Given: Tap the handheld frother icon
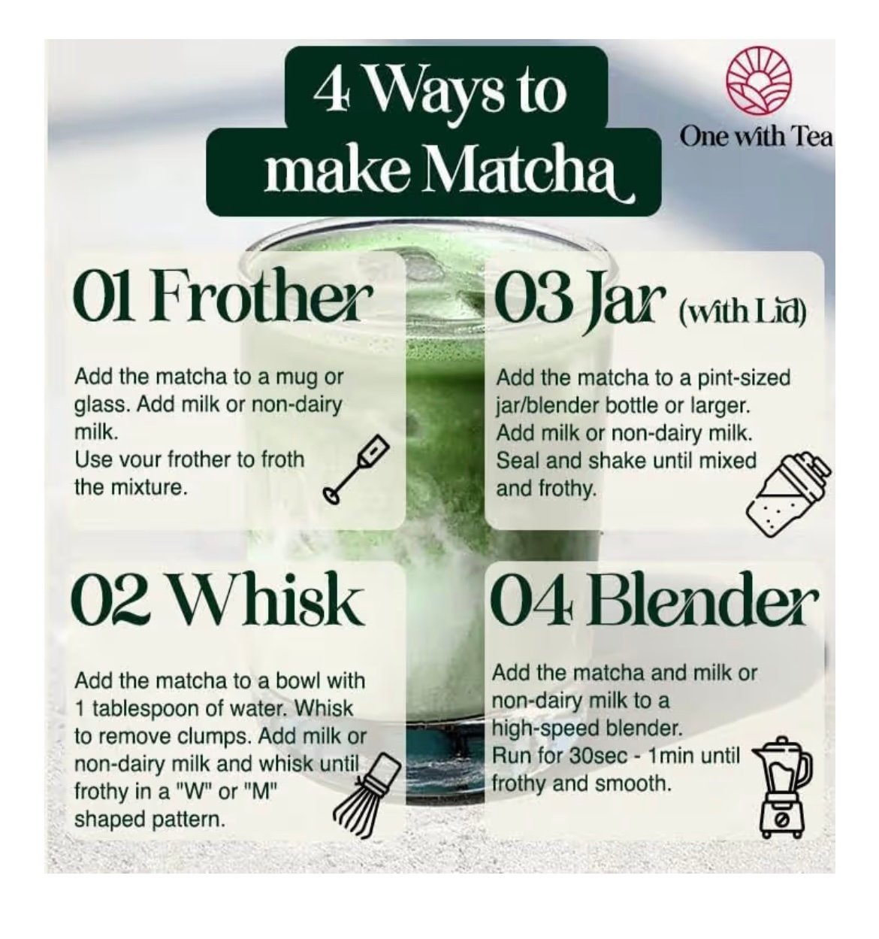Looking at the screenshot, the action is [x=357, y=468].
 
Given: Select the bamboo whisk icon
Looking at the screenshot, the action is [x=367, y=795].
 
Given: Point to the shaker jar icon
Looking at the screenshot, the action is [x=788, y=495].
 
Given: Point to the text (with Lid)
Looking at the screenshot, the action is [x=742, y=312].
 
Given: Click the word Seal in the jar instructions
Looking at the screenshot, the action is [x=518, y=461].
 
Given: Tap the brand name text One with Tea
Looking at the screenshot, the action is [x=756, y=137].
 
